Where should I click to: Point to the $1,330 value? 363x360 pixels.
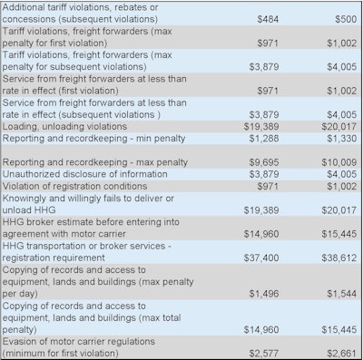coord(333,138)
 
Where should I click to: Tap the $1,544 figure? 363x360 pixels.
coord(333,292)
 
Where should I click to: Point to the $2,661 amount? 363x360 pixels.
coord(333,351)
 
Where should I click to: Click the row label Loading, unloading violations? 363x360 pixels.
coord(66,126)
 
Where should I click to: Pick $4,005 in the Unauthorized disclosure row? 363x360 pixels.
coord(333,173)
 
